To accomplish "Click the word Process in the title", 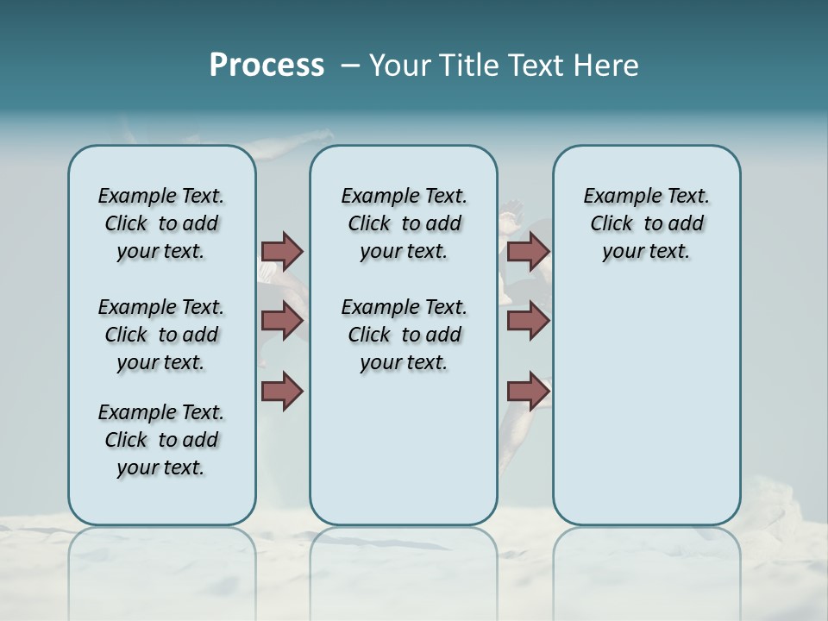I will [267, 65].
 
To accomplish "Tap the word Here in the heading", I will [606, 66].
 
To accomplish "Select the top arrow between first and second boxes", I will [282, 251].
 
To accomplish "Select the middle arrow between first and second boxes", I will [282, 321].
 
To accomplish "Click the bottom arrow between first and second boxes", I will [282, 391].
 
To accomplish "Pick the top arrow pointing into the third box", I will [528, 251].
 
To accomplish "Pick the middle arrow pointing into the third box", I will [528, 321].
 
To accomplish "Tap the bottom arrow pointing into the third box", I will [528, 391].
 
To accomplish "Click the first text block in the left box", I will [161, 223].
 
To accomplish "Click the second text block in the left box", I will [161, 335].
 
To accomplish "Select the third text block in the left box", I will [161, 440].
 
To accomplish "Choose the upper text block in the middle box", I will [404, 223].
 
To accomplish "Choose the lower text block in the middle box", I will [404, 335].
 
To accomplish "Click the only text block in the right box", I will [646, 223].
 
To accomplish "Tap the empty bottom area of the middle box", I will [404, 457].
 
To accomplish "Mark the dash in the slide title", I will [350, 66].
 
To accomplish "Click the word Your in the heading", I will [399, 66].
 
